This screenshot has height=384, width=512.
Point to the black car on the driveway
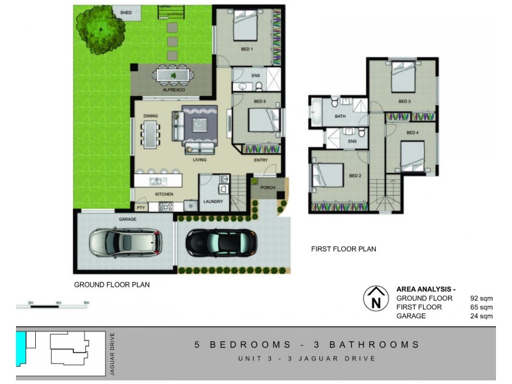221,242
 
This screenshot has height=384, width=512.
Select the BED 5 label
259,102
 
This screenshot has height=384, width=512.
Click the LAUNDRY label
212,202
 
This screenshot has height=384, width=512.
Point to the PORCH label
267,188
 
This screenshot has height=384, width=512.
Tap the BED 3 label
404,101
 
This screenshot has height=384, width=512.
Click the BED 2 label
356,175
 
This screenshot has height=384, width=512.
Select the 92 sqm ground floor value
482,298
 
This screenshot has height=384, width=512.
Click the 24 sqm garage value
482,316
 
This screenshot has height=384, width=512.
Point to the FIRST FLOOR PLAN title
343,249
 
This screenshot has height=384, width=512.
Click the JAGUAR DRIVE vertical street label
112,352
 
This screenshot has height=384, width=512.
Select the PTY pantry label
140,208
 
